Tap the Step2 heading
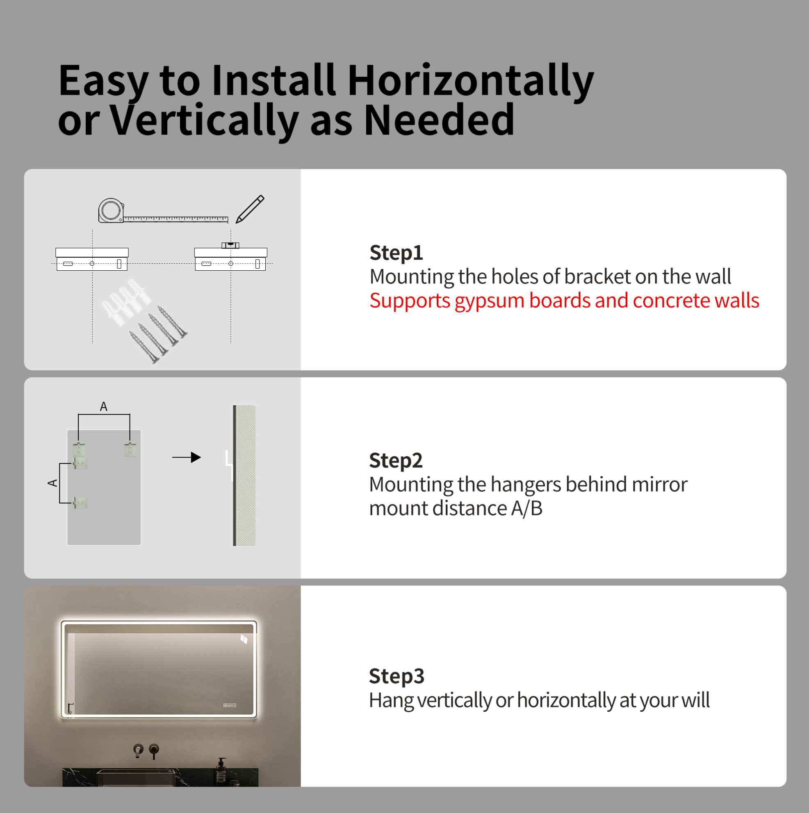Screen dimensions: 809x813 395,461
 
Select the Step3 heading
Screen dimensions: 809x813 396,677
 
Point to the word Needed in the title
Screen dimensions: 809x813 439,120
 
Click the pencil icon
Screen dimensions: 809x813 250,209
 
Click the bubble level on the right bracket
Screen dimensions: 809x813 230,245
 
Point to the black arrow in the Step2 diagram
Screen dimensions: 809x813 187,457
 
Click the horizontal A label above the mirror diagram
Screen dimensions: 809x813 103,406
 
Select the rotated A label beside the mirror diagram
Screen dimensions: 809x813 52,483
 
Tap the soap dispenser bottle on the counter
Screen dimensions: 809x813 221,770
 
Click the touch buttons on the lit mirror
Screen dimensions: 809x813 229,705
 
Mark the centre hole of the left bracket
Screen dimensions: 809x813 92,263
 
